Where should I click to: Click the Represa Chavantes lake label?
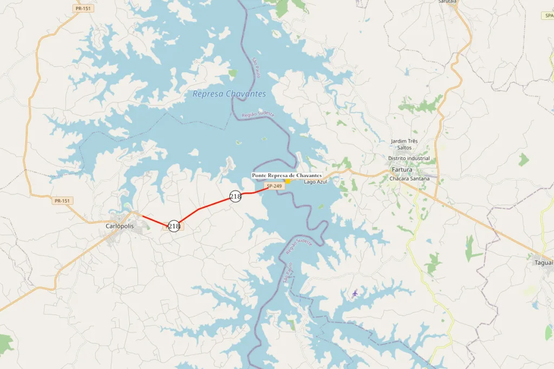[229, 94]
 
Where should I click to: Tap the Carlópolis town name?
[120, 226]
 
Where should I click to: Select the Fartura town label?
[401, 170]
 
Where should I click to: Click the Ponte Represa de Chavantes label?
[287, 176]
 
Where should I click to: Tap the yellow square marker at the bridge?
[288, 181]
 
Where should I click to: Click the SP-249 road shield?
[274, 186]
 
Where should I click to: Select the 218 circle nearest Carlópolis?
[174, 226]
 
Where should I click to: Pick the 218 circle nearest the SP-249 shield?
[235, 197]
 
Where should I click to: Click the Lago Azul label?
[315, 182]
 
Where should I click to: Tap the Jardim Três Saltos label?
[404, 144]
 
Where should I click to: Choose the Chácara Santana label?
[413, 178]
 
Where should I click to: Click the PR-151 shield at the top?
[82, 9]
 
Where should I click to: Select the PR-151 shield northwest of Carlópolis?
[62, 201]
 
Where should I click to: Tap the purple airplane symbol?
[355, 293]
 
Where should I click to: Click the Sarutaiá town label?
[447, 2]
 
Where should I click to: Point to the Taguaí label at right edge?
[544, 263]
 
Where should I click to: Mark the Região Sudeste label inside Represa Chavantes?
[258, 114]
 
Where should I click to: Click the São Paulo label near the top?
[256, 67]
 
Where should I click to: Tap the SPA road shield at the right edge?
[548, 16]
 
